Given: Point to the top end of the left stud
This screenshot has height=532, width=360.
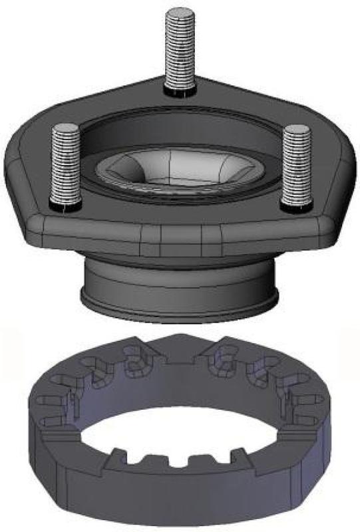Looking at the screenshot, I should (65, 128).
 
